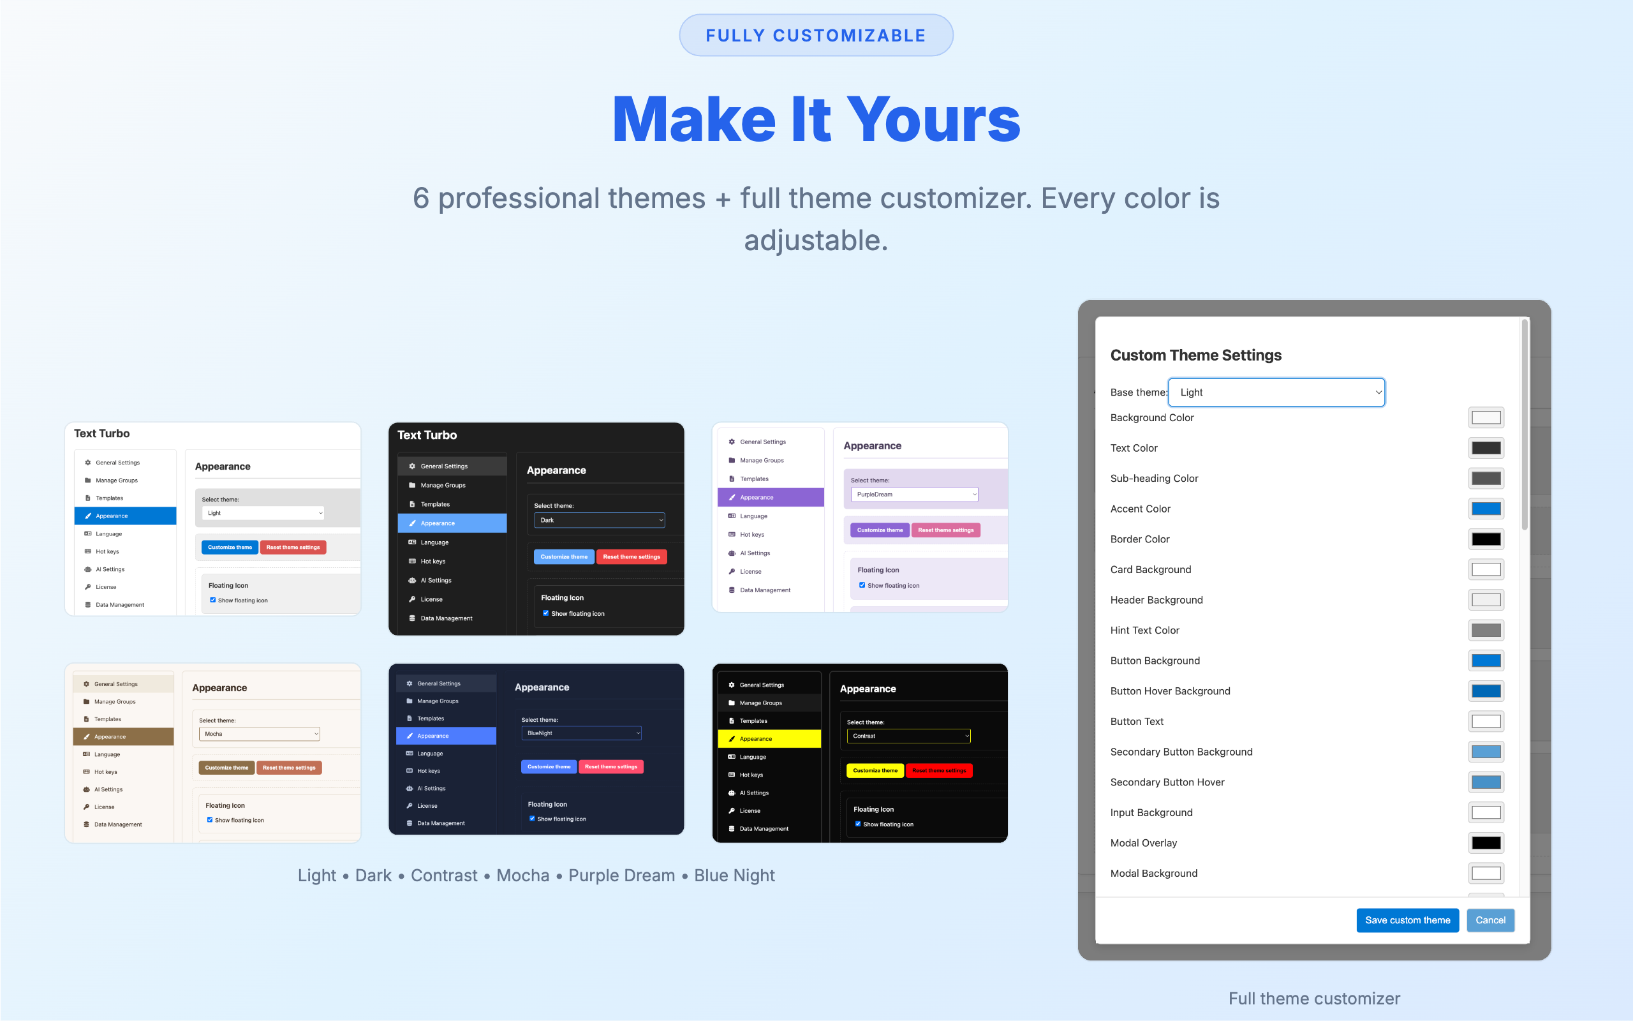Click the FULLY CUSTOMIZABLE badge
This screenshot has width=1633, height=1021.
coord(816,35)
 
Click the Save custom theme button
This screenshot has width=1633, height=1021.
coord(1407,920)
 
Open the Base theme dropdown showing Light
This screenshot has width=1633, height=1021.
coord(1276,392)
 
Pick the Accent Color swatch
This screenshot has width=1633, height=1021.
coord(1486,509)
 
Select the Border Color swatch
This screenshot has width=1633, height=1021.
coord(1486,539)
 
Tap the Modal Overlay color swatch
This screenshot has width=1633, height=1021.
coord(1486,843)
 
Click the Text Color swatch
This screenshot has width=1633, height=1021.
coord(1486,448)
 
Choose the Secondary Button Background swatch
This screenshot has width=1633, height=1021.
coord(1486,752)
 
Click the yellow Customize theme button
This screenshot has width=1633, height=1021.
coord(875,770)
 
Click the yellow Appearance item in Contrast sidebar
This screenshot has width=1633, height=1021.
coord(769,739)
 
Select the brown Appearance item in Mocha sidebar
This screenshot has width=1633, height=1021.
coord(124,736)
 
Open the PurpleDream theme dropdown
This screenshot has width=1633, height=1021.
coord(914,495)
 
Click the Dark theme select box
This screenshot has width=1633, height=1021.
coord(599,520)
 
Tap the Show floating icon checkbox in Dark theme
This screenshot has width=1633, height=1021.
coord(545,613)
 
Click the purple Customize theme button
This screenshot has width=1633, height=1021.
coord(880,530)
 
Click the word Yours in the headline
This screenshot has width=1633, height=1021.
coord(933,119)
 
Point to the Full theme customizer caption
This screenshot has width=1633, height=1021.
coord(1314,998)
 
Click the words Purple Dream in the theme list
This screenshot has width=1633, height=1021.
coord(621,875)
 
